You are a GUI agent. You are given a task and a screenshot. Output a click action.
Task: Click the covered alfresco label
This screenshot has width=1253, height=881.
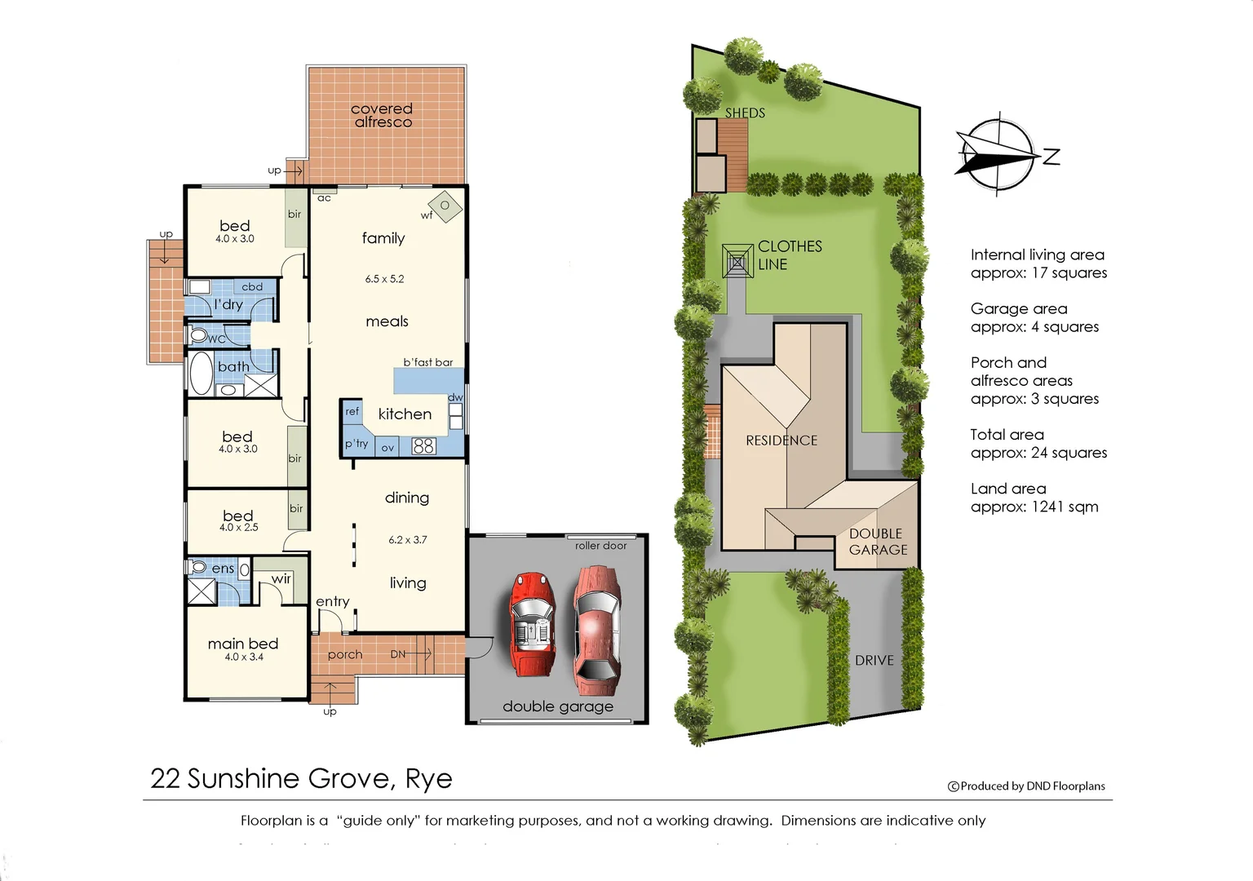click(x=382, y=115)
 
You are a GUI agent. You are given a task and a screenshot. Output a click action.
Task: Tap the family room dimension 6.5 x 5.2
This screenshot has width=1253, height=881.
click(x=384, y=279)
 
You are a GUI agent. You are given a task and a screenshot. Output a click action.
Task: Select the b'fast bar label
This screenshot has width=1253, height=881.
click(x=427, y=362)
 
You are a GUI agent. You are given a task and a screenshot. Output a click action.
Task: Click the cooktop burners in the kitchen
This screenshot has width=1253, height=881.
click(x=423, y=446)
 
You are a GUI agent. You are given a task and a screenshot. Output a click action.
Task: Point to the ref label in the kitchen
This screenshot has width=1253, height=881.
click(x=352, y=412)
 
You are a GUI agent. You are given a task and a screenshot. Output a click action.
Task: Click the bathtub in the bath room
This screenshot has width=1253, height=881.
click(x=201, y=374)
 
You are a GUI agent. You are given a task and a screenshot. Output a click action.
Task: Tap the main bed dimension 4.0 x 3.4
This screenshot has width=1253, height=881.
click(x=244, y=657)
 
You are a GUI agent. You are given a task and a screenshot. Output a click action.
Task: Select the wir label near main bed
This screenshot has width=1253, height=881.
click(x=281, y=579)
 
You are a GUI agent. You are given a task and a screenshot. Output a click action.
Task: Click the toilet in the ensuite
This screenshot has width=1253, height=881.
click(x=198, y=567)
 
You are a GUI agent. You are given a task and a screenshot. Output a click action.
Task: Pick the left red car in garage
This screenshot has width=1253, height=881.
click(x=532, y=624)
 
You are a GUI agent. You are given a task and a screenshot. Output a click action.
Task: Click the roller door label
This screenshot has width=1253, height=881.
click(x=600, y=546)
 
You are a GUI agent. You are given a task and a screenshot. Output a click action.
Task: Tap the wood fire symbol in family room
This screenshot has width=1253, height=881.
click(x=445, y=206)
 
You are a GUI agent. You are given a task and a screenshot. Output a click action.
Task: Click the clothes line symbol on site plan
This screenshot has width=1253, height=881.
click(x=737, y=262)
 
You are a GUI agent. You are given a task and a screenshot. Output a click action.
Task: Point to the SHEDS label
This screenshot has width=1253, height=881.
click(x=745, y=113)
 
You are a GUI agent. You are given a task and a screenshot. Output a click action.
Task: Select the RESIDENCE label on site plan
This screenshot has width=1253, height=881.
click(x=781, y=440)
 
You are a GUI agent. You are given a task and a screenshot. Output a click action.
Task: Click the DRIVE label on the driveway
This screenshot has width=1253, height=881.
click(x=874, y=661)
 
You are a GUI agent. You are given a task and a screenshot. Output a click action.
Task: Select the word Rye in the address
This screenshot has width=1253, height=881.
click(x=428, y=779)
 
